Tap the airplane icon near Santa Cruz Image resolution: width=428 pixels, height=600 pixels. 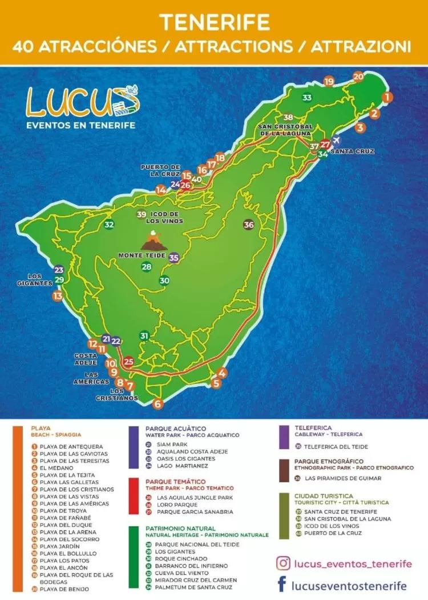tap(336, 140)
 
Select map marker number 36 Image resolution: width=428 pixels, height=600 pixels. tap(249, 225)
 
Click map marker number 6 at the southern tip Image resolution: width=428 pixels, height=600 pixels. tap(158, 404)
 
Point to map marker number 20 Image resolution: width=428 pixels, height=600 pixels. tap(358, 77)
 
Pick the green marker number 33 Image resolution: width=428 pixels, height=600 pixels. tap(308, 98)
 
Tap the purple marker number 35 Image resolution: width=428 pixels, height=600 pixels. tap(174, 258)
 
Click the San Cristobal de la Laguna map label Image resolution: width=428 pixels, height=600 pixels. tap(285, 130)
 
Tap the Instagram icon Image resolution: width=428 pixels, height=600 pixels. tap(283, 563)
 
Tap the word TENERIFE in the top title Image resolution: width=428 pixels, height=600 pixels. tap(214, 22)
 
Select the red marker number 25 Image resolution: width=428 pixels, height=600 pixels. tap(128, 361)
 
